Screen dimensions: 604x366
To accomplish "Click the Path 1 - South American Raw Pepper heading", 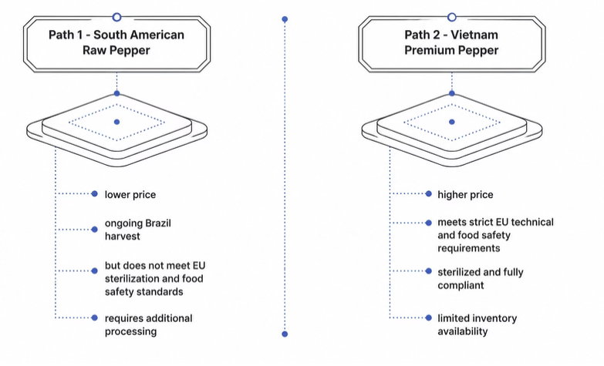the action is click(x=116, y=42).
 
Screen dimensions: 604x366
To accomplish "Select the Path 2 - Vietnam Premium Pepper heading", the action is click(x=451, y=42).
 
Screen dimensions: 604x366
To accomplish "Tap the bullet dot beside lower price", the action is click(x=94, y=193).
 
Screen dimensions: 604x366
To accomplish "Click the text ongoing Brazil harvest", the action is click(x=137, y=230).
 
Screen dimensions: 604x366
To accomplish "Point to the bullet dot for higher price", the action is click(x=428, y=193).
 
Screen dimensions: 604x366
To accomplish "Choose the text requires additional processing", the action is click(x=148, y=325).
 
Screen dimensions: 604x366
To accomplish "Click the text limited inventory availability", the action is click(x=477, y=325).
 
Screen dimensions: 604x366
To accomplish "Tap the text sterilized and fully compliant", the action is click(x=481, y=279).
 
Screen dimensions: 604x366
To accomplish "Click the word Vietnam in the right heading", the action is click(x=474, y=35).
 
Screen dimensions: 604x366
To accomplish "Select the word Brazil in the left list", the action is click(x=158, y=223).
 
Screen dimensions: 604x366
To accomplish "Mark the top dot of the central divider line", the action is click(x=285, y=18).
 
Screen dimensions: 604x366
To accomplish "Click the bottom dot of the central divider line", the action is click(x=285, y=334).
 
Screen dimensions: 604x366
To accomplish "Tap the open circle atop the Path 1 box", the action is click(x=116, y=17).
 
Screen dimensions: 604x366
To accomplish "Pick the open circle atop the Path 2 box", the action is click(x=452, y=17).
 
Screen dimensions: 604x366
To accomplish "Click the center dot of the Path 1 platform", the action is click(x=116, y=122).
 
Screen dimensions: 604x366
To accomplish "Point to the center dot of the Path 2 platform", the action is click(x=452, y=122).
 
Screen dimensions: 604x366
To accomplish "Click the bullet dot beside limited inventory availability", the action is click(x=428, y=317).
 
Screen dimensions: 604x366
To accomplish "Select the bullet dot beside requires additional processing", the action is click(x=94, y=317).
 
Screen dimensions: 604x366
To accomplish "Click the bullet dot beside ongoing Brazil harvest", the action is click(x=94, y=230).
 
